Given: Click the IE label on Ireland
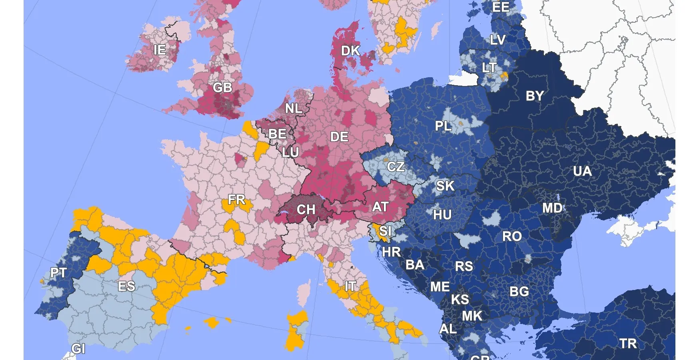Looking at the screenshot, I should tap(160, 50).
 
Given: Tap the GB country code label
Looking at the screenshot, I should tap(222, 88).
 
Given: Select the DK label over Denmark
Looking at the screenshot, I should tap(350, 51).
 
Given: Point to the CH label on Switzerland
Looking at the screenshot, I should tap(306, 210).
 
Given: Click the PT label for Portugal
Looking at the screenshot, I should tap(58, 273).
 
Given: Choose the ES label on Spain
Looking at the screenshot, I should tap(126, 286).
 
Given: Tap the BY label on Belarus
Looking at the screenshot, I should tap(535, 96).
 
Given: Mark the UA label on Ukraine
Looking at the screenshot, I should tap(582, 172).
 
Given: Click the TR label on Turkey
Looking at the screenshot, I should tap(628, 344).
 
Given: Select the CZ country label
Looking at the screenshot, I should tap(395, 167).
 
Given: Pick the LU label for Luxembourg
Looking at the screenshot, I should tap(290, 152).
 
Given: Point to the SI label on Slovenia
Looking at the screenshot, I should tap(385, 231).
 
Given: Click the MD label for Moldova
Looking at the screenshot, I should tap(552, 208).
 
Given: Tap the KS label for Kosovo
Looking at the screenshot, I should tap(460, 300).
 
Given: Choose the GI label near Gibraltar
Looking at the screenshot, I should tap(78, 349).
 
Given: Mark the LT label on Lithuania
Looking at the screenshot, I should tap(489, 68).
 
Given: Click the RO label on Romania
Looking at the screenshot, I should tap(512, 236).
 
